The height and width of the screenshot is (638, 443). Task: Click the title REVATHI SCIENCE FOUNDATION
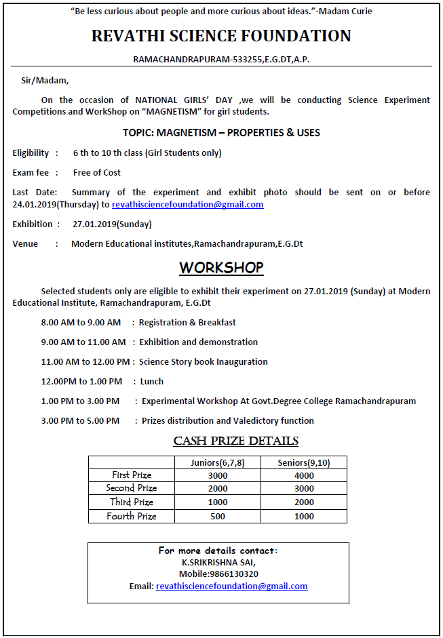[x=221, y=36]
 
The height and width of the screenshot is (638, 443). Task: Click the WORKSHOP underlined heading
[x=221, y=267]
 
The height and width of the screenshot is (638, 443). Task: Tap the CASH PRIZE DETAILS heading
[x=235, y=441]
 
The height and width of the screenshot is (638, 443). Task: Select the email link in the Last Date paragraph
[x=187, y=204]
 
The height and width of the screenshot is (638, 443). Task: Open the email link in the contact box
[x=231, y=586]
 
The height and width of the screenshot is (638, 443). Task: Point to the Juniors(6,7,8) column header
[x=218, y=462]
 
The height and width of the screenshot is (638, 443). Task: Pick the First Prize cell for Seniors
[x=304, y=475]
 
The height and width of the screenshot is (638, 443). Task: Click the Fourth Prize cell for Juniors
[x=218, y=516]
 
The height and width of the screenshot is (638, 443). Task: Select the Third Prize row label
[x=132, y=502]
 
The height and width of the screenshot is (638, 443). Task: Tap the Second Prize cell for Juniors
[x=218, y=488]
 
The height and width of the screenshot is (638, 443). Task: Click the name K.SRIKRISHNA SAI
[x=218, y=562]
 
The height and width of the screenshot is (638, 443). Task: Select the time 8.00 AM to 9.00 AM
[x=81, y=322]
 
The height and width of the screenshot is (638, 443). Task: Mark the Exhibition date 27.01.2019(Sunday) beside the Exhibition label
[x=112, y=224]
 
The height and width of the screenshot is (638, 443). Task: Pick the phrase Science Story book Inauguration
[x=203, y=361]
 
